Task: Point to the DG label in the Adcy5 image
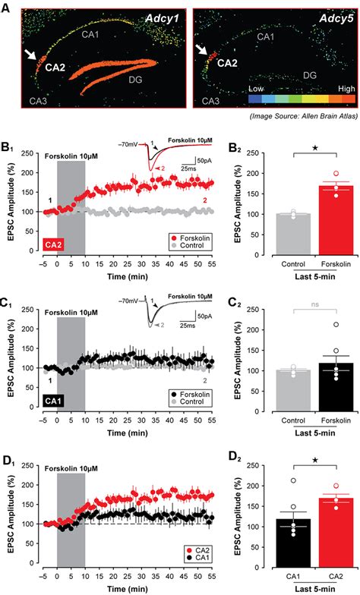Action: click(309, 75)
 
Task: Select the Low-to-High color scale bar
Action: click(296, 99)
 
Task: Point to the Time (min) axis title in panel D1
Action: click(128, 588)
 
